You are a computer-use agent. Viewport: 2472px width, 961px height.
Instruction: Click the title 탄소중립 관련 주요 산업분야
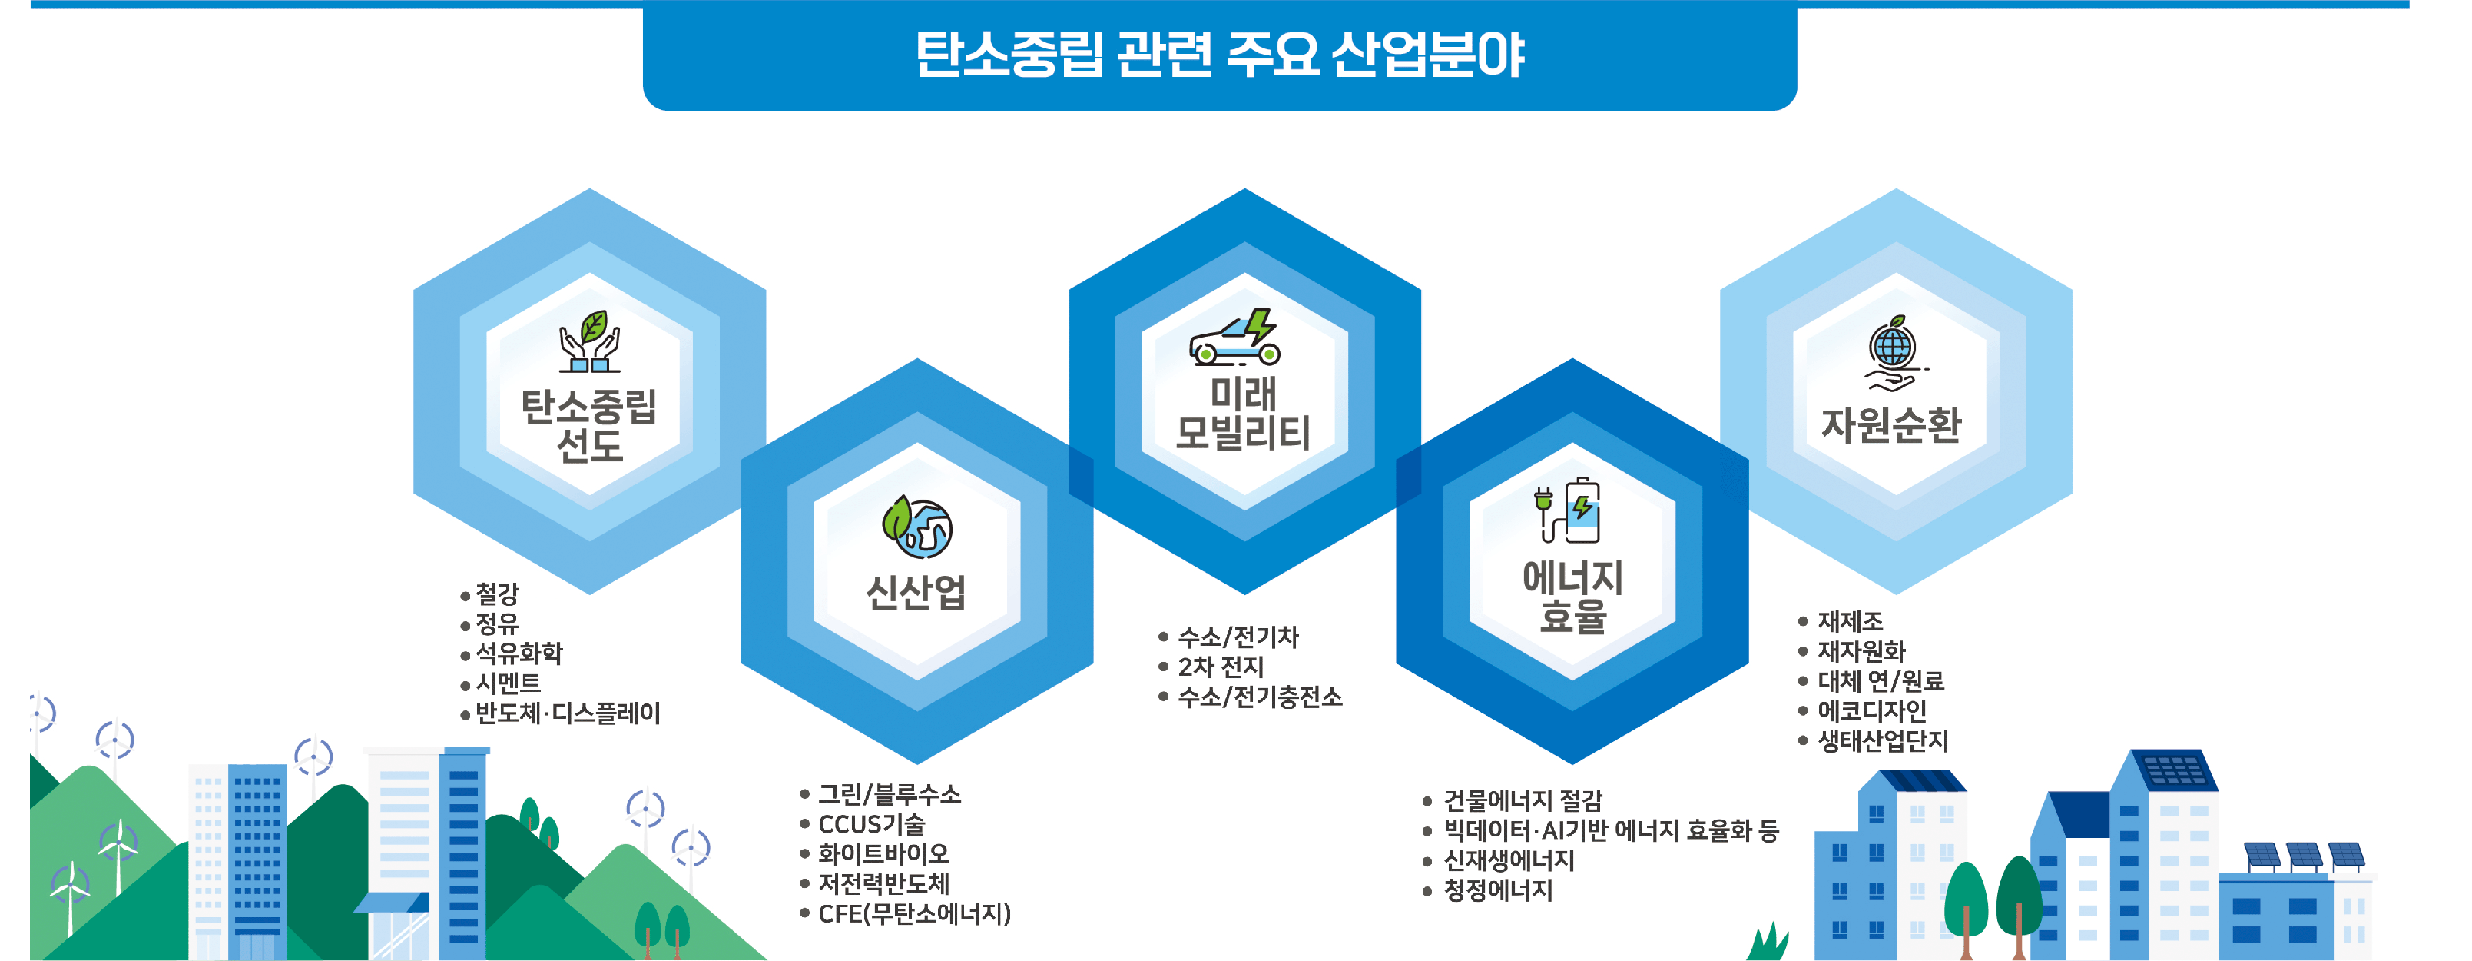click(x=1220, y=54)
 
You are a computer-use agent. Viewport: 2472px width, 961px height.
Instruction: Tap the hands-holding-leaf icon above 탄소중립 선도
click(x=589, y=341)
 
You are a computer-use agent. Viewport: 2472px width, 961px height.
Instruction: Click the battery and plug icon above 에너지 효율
click(x=1569, y=509)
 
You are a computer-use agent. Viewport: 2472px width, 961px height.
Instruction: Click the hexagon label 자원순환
click(x=1891, y=424)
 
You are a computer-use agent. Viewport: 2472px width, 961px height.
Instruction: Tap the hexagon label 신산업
click(x=916, y=591)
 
